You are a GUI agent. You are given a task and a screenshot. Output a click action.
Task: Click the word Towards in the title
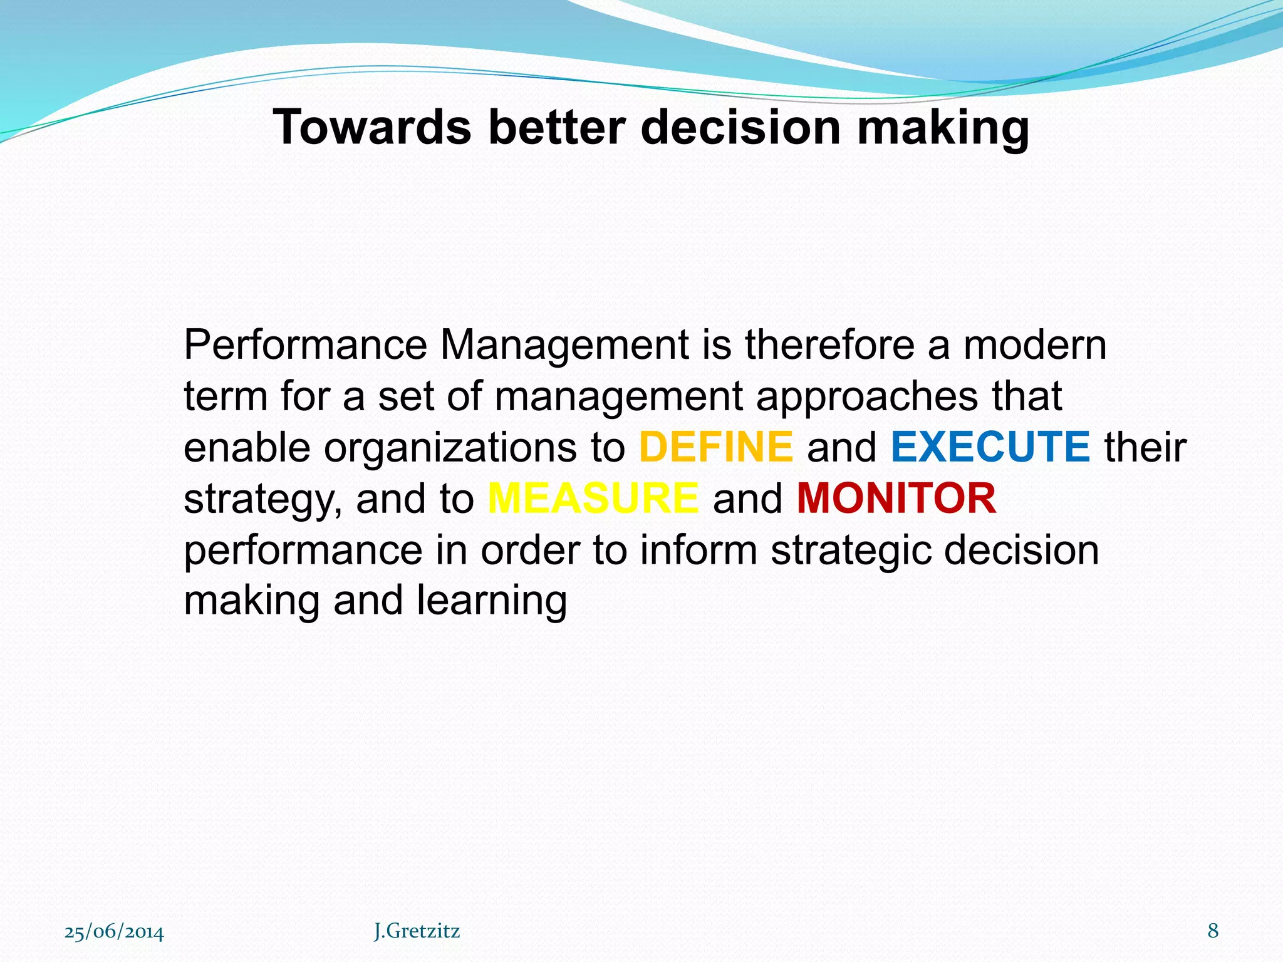372,127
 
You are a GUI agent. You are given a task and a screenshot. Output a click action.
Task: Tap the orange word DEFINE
716,447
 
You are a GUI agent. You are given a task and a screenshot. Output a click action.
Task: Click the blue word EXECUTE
990,447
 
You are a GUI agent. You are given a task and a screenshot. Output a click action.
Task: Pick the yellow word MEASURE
593,499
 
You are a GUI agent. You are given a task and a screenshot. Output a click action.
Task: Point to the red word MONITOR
896,499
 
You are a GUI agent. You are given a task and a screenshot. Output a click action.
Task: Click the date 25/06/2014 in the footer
114,931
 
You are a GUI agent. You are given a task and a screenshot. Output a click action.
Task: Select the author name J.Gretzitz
417,931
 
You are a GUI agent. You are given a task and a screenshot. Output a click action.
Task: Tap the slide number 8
1213,931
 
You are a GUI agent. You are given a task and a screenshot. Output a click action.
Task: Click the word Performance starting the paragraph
305,345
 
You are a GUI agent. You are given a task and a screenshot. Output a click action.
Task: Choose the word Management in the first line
564,345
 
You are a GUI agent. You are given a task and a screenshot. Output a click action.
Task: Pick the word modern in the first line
1035,345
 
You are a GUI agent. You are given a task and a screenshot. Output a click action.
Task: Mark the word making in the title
943,128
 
